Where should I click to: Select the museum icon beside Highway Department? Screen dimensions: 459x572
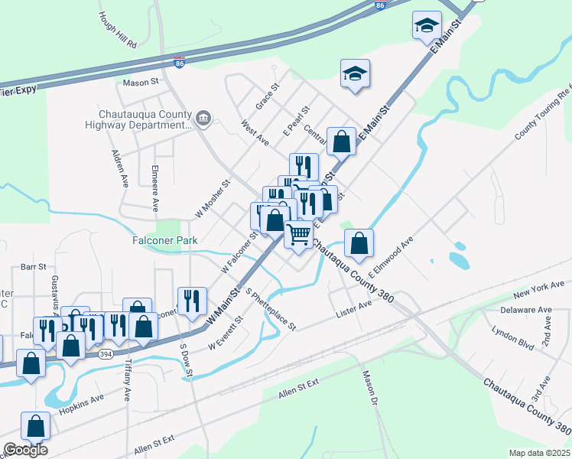[203, 117]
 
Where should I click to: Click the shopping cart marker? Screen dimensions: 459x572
[298, 233]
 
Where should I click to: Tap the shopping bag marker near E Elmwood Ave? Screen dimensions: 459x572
[359, 243]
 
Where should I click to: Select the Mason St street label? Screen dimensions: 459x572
[139, 80]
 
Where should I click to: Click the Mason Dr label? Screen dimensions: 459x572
[370, 388]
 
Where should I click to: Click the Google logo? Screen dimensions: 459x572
[25, 450]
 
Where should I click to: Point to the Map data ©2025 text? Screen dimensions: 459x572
[539, 453]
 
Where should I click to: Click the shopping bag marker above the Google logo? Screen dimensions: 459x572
[35, 425]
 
